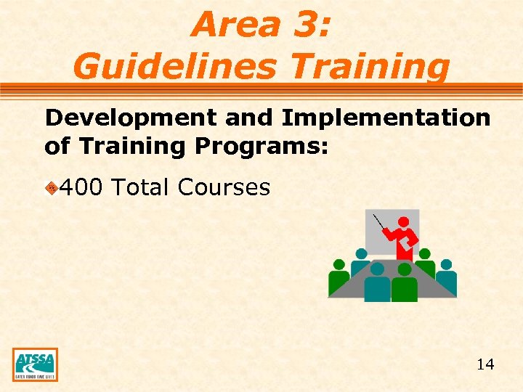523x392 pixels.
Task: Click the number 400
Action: [x=80, y=187]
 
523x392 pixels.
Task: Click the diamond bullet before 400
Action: [x=51, y=189]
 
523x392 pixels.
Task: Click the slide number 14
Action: [x=485, y=364]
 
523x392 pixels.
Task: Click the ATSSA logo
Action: [x=35, y=364]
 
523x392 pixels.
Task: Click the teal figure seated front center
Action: [x=377, y=285]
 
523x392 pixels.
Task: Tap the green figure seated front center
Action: [x=405, y=285]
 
